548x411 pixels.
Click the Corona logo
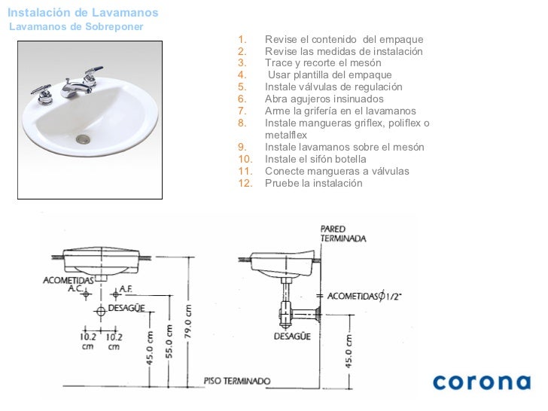click(482, 382)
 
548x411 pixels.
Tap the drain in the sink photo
click(83, 139)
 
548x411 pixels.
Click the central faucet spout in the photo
click(74, 89)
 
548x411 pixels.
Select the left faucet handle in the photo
click(43, 93)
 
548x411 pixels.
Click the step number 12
click(245, 183)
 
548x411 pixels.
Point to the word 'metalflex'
click(286, 135)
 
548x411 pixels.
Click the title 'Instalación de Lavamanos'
click(83, 13)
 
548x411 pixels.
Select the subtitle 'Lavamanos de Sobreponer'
click(76, 26)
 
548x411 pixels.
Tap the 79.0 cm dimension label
click(188, 321)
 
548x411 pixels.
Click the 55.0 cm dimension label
click(169, 342)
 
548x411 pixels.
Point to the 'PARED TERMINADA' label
click(342, 234)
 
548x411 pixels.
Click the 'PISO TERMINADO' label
click(237, 381)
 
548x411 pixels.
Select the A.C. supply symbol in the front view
click(86, 294)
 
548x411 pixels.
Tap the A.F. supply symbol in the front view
click(116, 294)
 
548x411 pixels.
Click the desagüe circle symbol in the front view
click(101, 311)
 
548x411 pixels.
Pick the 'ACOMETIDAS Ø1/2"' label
click(364, 297)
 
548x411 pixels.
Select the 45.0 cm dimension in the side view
click(349, 351)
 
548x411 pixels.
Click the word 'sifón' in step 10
click(315, 159)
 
